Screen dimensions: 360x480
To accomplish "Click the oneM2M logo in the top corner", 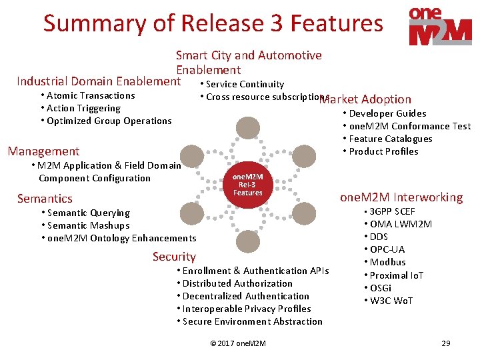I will click(441, 27).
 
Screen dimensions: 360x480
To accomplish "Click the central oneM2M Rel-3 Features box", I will click(248, 184).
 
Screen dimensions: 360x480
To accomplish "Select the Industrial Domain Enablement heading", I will click(99, 82).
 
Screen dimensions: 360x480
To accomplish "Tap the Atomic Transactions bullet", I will click(91, 95).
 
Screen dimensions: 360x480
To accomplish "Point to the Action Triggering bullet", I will click(83, 108).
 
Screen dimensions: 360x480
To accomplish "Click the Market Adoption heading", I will click(365, 99).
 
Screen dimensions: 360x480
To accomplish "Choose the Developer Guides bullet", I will click(387, 113).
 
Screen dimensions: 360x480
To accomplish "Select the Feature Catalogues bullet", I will click(390, 139).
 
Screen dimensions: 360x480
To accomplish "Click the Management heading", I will click(43, 151).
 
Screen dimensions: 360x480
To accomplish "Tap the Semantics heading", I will click(45, 199).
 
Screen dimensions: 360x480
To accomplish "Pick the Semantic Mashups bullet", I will click(88, 225).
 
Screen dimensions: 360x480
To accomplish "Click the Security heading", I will click(174, 257).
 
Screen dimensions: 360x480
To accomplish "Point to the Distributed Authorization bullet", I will click(237, 283).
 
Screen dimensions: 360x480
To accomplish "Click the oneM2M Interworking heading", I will click(401, 197).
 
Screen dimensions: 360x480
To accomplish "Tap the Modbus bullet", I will click(387, 262).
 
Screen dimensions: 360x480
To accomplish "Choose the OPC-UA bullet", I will click(387, 249).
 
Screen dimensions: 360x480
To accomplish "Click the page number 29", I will click(446, 343).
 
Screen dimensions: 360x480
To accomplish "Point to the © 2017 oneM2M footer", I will click(238, 343).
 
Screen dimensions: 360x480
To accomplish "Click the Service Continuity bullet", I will click(245, 84).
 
